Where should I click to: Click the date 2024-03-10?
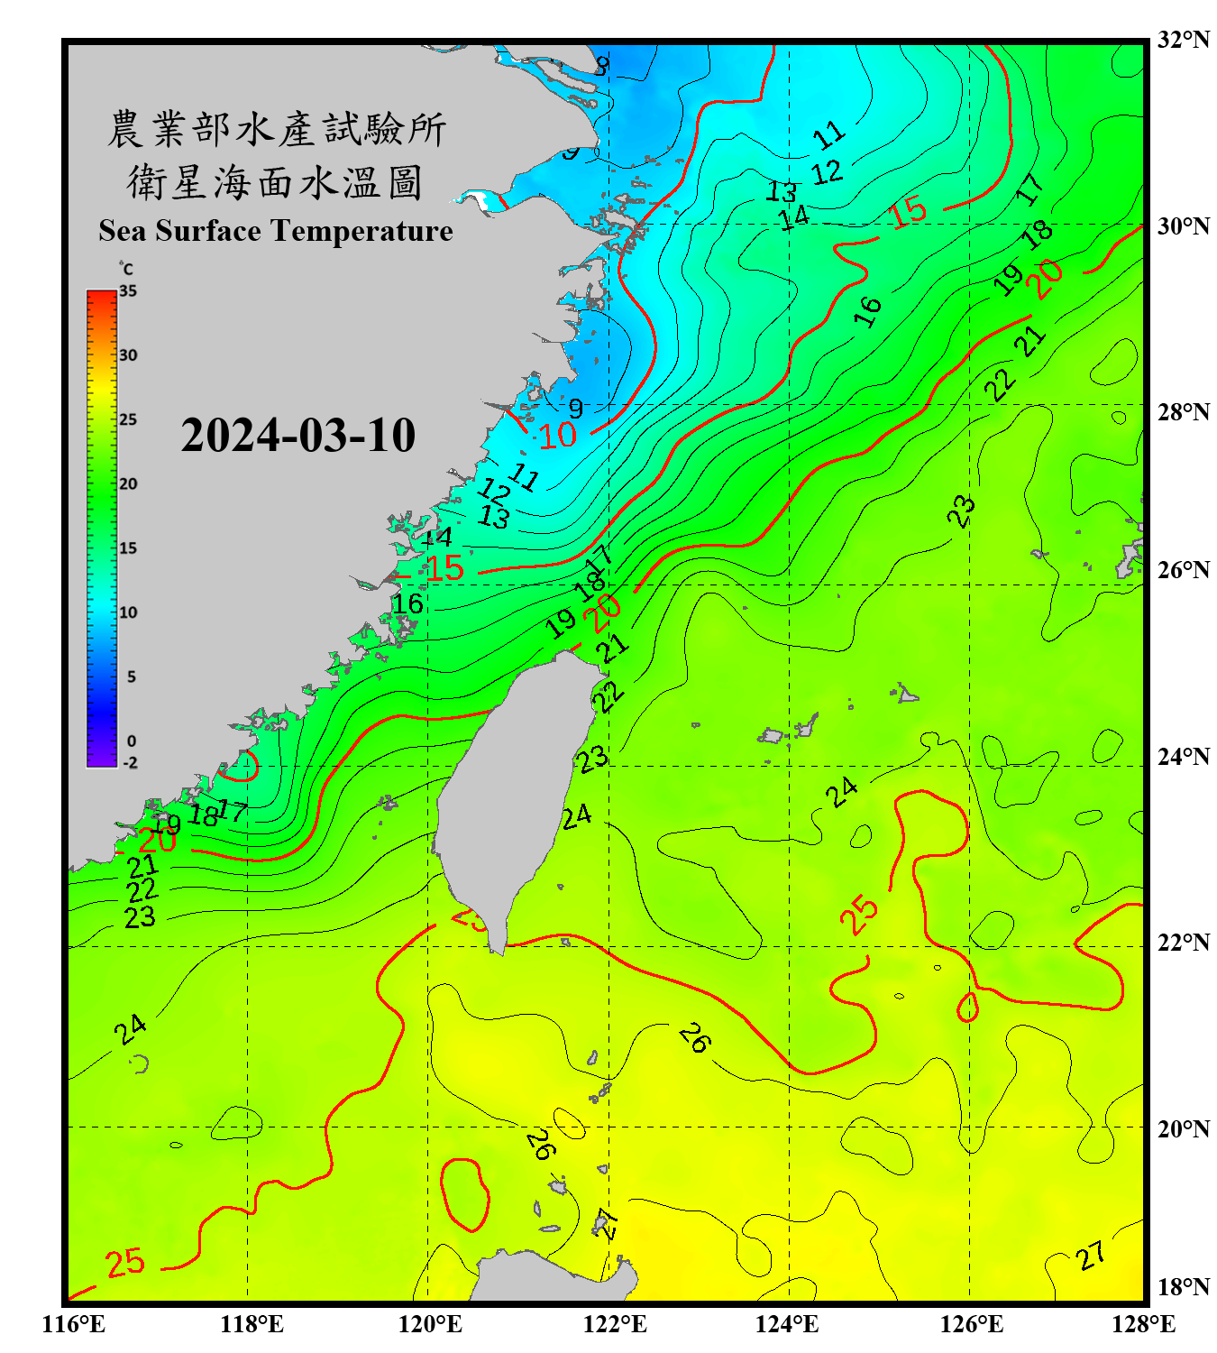click(297, 436)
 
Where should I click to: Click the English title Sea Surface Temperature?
click(276, 231)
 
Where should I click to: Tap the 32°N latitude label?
click(1183, 40)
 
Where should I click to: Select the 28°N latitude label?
click(1183, 412)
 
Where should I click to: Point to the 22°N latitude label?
click(1183, 943)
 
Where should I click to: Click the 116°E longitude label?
click(74, 1324)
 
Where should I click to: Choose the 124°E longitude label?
click(787, 1324)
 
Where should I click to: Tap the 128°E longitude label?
click(1143, 1324)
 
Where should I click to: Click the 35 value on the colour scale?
click(128, 291)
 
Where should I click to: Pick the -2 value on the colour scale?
click(130, 763)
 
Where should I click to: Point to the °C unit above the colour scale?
click(126, 269)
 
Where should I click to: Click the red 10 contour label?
click(557, 437)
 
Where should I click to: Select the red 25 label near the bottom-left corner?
click(125, 1263)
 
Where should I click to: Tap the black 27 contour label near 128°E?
click(1091, 1256)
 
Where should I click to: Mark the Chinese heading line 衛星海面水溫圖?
click(276, 182)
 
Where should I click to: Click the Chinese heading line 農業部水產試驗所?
click(276, 129)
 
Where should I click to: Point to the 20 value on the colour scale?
click(128, 484)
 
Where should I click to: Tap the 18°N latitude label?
click(1183, 1287)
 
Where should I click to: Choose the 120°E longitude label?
click(430, 1324)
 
